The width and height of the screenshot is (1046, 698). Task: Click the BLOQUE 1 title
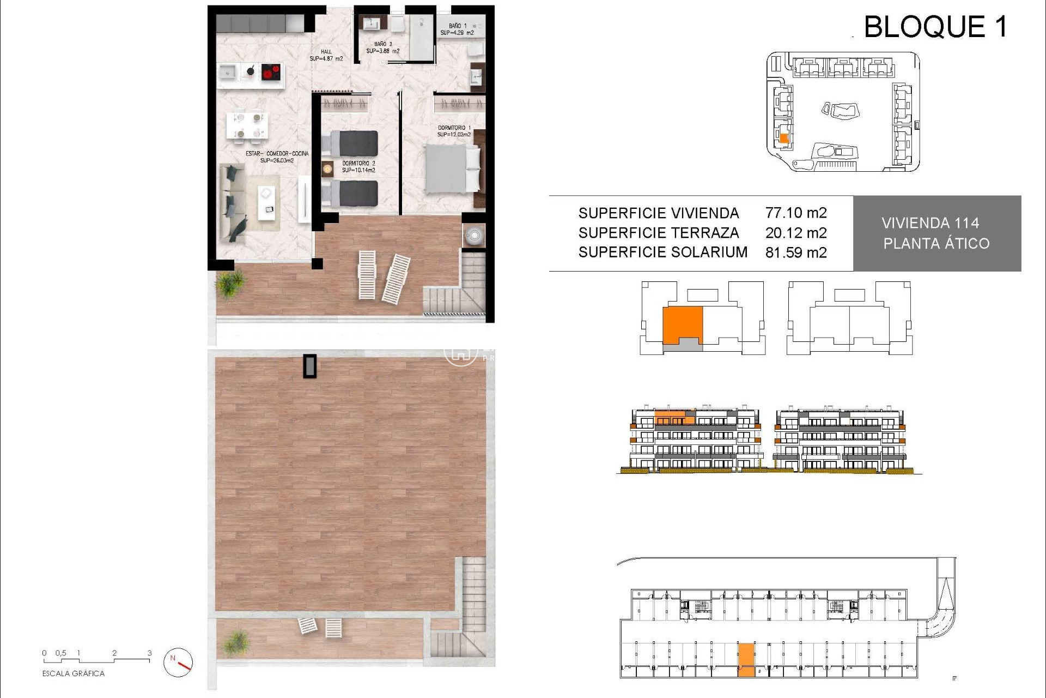935,27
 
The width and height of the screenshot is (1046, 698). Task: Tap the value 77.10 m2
795,213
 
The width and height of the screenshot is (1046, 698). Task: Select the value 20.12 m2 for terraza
795,233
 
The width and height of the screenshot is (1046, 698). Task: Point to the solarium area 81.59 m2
795,252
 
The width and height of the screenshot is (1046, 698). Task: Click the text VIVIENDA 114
930,223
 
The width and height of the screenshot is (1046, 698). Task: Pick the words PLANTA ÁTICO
936,244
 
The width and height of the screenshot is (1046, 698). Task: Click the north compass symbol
178,662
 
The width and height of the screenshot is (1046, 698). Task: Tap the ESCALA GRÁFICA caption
73,673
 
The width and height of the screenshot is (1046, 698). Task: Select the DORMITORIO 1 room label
454,131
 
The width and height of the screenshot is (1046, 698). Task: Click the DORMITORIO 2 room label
358,166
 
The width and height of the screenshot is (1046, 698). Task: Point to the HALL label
326,55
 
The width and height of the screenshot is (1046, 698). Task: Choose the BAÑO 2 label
382,47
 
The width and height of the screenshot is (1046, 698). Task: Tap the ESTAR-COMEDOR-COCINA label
277,157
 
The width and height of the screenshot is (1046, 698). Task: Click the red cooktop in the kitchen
271,71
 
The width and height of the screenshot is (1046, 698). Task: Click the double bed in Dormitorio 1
452,169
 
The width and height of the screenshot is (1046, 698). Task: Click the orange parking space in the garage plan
746,660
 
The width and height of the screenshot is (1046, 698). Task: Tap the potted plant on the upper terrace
230,284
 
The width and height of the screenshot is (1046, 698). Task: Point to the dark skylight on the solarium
310,366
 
